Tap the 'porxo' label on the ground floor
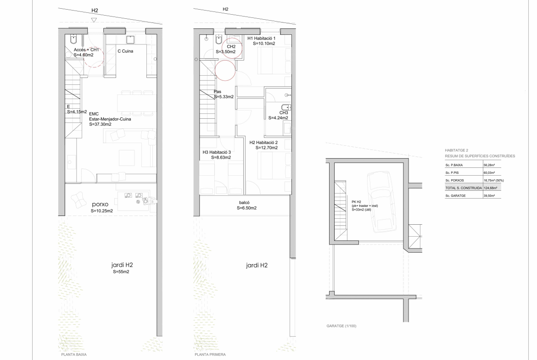point(100,204)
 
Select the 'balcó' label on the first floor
point(244,203)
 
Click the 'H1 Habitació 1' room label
point(261,39)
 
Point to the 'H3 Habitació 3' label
point(217,152)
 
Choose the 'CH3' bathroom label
point(284,112)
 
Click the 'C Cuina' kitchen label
point(125,51)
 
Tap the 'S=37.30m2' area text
point(101,124)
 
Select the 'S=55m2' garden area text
point(121,271)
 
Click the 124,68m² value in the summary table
point(491,188)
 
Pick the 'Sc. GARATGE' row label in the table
point(455,196)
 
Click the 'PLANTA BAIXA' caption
point(73,354)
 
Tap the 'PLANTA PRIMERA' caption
point(210,354)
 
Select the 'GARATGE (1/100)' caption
point(341,326)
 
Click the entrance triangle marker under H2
point(94,20)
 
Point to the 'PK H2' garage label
point(356,202)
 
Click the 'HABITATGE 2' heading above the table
point(456,150)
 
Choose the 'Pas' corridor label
point(218,92)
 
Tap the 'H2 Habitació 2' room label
point(263,142)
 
